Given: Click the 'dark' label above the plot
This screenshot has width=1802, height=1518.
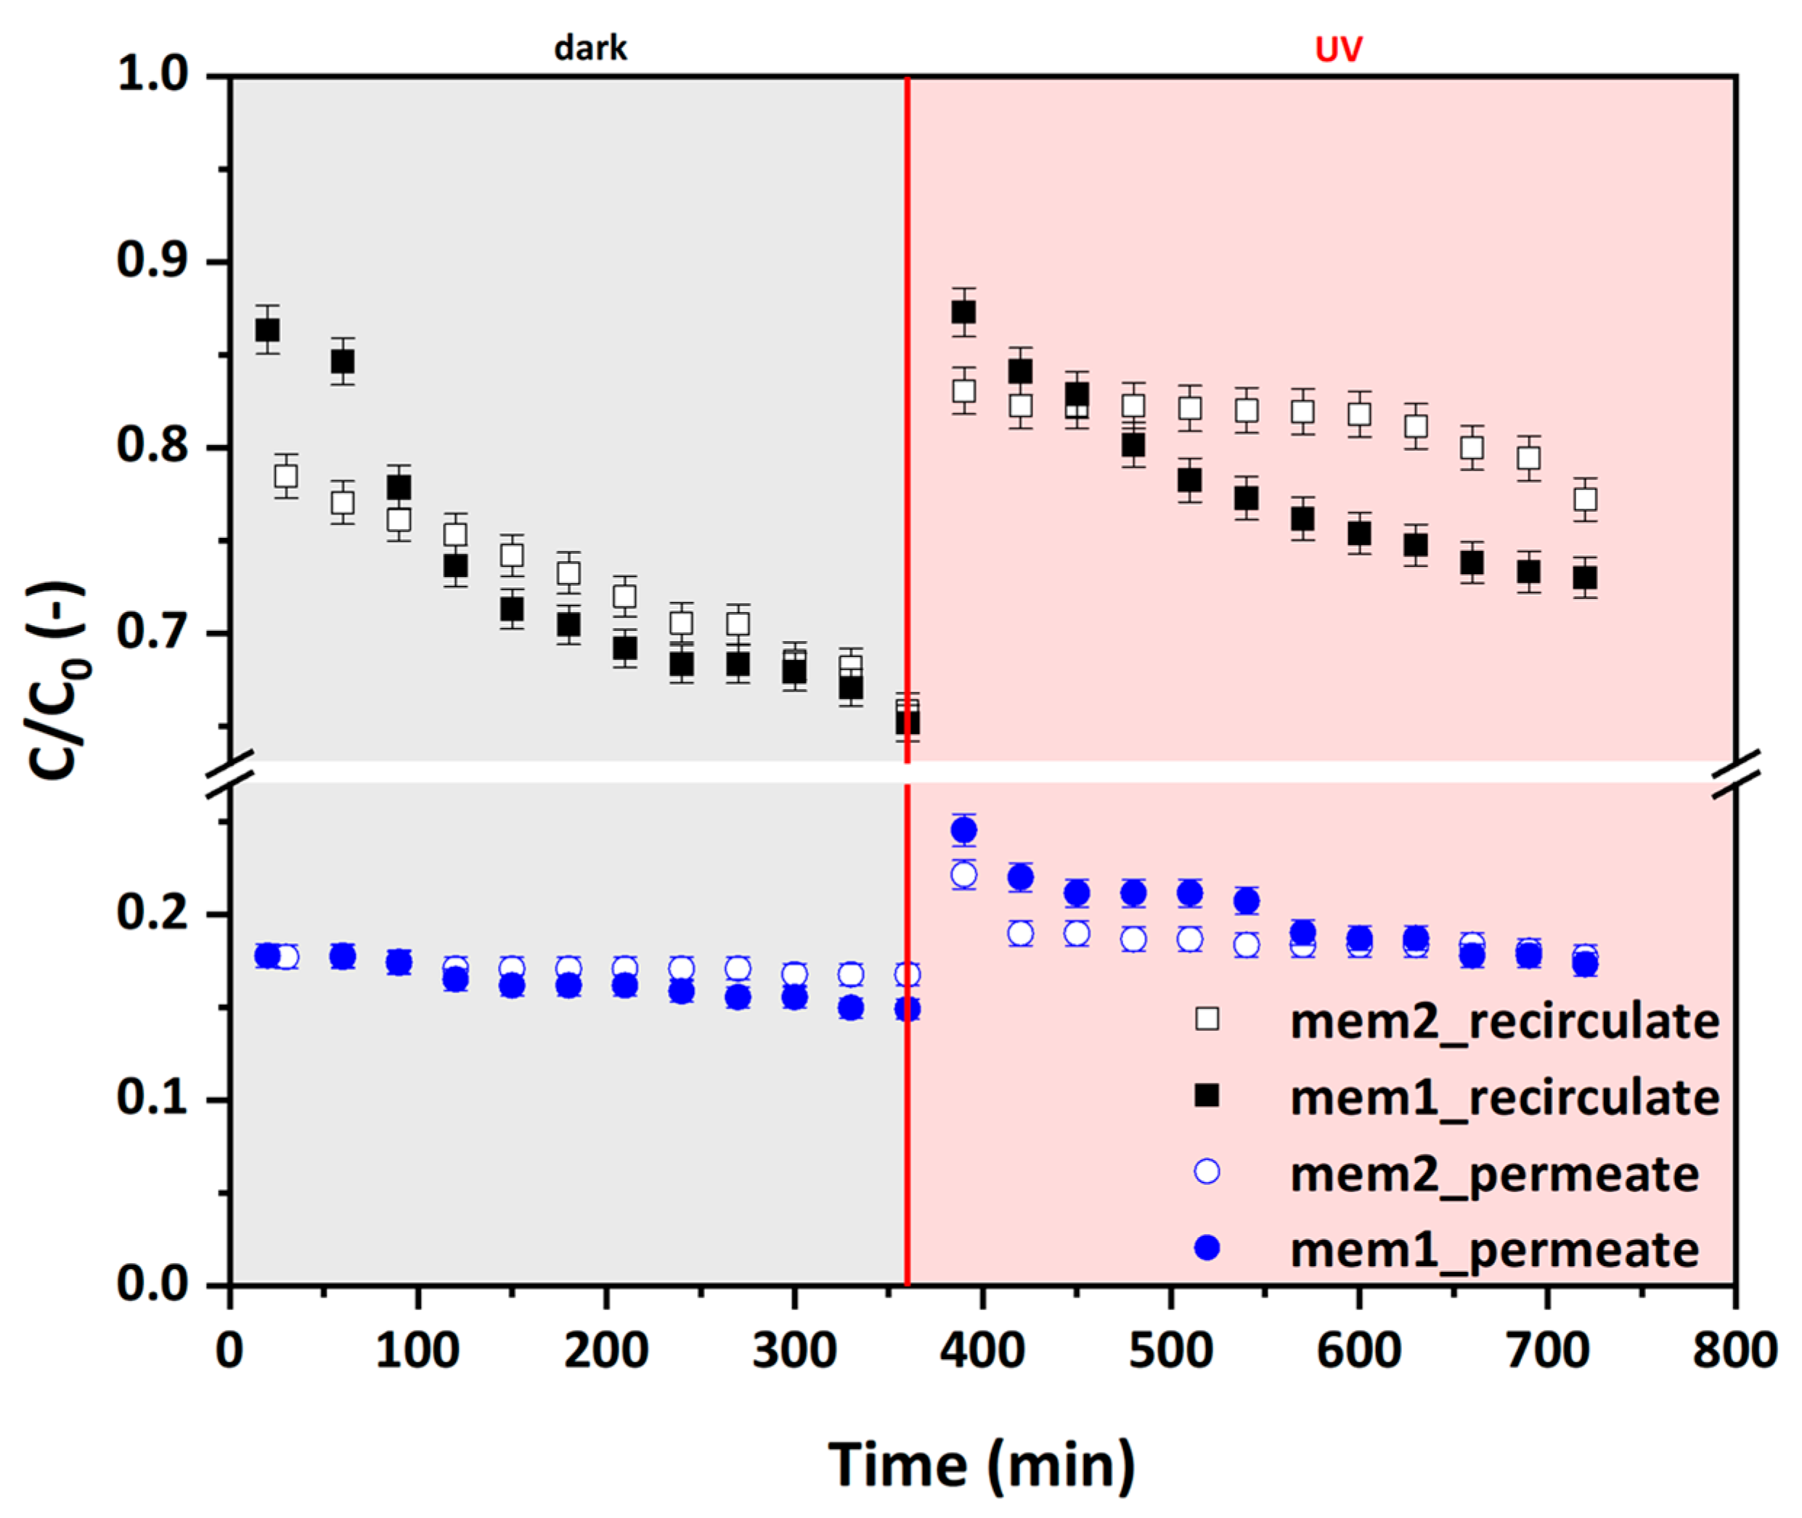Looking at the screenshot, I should [x=590, y=48].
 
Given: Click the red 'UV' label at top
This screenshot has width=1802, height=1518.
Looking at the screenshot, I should [x=1338, y=50].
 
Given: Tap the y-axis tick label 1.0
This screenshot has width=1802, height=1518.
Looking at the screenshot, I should [x=153, y=75].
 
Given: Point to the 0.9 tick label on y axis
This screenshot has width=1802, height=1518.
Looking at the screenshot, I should [x=153, y=260].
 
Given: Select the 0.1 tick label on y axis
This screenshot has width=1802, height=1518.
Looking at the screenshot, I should [x=153, y=1099].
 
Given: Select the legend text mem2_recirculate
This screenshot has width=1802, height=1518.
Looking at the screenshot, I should [x=1505, y=1021].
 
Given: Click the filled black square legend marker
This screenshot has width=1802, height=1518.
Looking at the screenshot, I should [x=1207, y=1095].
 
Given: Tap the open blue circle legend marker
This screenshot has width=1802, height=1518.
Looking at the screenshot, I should [x=1207, y=1172].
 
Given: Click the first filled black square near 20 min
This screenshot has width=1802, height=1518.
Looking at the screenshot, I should [x=266, y=330].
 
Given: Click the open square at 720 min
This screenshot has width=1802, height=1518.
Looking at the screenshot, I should [x=1585, y=499].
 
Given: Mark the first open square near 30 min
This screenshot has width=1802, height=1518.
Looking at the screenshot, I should [x=286, y=476].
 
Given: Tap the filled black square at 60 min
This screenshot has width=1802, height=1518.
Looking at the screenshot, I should [x=343, y=362].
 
